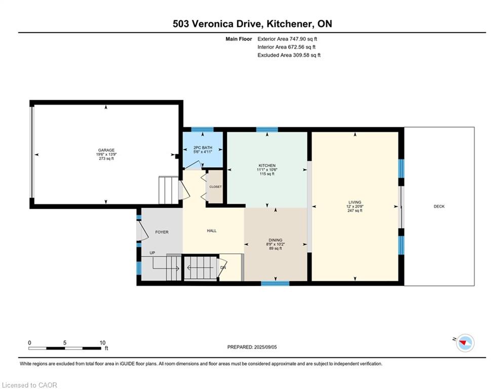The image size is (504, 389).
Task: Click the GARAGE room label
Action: (106, 150)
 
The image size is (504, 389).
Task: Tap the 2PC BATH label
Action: (203, 147)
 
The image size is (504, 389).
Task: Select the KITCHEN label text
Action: (267, 166)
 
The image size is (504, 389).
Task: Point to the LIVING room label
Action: (355, 203)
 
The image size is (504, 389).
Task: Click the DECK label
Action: (439, 206)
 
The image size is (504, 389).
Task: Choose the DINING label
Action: (276, 240)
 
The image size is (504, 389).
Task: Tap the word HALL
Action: (212, 230)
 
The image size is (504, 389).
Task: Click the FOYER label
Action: (162, 232)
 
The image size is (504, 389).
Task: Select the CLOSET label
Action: (215, 187)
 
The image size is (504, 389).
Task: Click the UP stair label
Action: (152, 253)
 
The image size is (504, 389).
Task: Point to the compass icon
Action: (465, 343)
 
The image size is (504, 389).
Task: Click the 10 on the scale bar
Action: (102, 343)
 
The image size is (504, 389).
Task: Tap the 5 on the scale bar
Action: (65, 343)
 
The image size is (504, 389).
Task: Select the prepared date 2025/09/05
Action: (265, 347)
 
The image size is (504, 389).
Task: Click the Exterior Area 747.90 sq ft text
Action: (287, 39)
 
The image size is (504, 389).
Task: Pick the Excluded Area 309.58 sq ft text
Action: (289, 55)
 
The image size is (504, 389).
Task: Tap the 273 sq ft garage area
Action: (106, 159)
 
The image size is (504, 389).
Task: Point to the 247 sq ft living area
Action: (355, 211)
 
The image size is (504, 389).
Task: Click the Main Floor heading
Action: (239, 39)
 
